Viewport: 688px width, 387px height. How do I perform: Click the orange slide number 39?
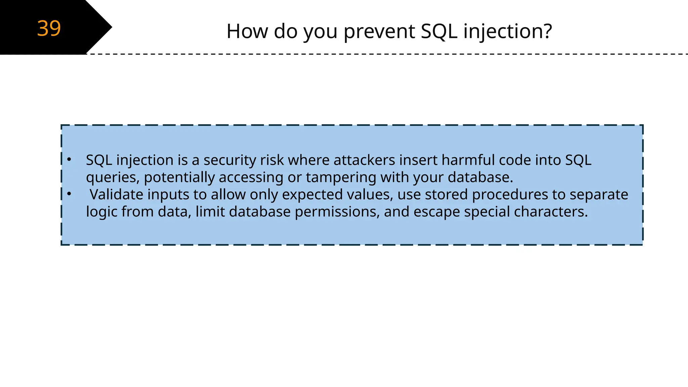[x=49, y=28]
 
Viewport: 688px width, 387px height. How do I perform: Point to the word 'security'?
[x=229, y=160]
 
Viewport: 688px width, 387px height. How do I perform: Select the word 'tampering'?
[x=341, y=178]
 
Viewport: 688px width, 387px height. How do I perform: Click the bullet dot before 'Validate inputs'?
[x=69, y=193]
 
